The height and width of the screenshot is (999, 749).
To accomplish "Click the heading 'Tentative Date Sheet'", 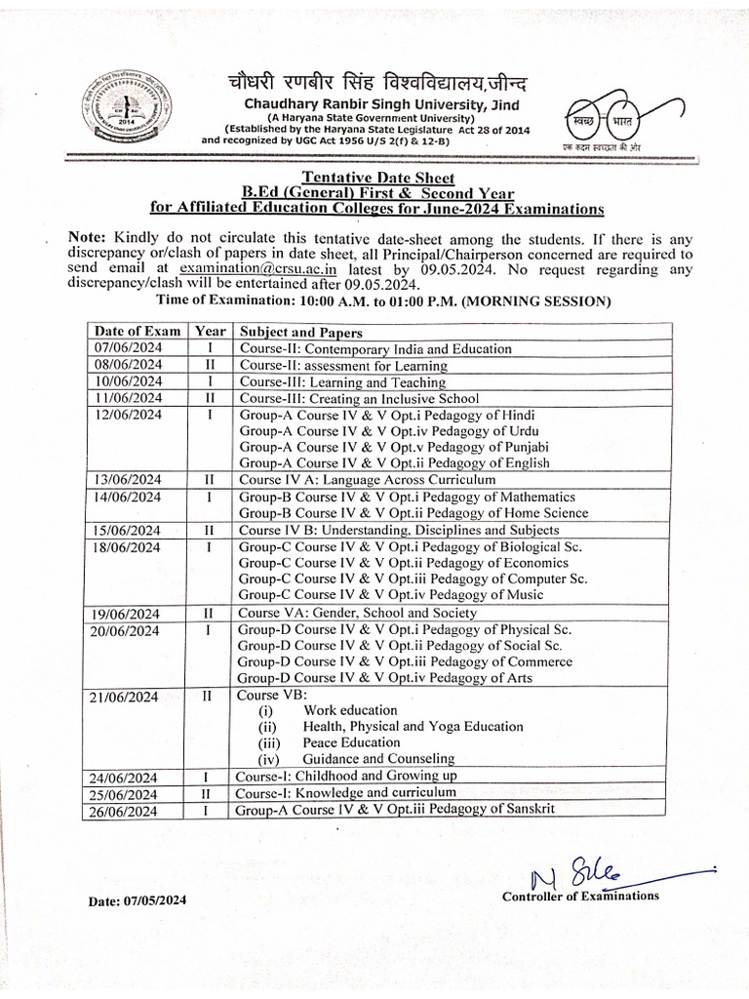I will (377, 177).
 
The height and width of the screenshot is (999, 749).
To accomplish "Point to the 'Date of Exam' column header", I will (138, 332).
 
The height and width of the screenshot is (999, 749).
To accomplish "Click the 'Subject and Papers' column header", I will (301, 332).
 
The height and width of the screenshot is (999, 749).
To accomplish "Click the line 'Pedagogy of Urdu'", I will (389, 430).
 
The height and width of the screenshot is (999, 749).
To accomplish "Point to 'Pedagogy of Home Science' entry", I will (414, 512).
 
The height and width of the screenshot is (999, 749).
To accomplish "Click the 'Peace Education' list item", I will (351, 742).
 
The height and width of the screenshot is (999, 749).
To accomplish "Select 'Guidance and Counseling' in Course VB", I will (378, 758).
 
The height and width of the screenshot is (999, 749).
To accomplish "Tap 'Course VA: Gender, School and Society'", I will (358, 613).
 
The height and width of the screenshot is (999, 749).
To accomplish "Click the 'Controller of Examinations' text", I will (580, 897).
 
